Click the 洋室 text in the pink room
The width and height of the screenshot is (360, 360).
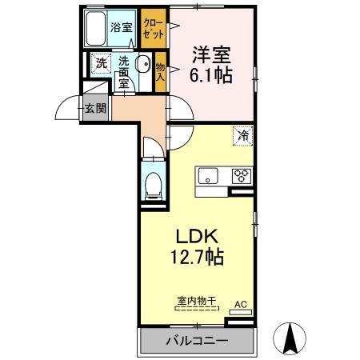click(x=211, y=54)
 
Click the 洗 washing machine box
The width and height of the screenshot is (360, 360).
click(x=102, y=63)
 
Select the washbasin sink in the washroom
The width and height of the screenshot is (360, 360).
click(x=142, y=66)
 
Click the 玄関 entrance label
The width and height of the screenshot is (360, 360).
click(x=95, y=108)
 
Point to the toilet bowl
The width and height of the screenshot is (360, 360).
click(x=153, y=185)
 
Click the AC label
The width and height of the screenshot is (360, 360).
click(x=240, y=304)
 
